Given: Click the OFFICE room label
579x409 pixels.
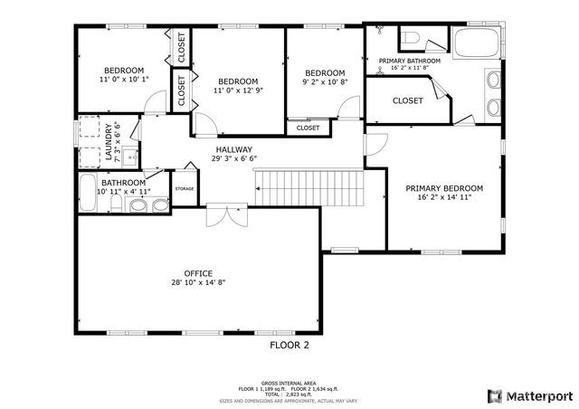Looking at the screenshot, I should point(198,272).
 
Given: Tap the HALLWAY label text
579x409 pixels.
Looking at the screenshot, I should point(233,149).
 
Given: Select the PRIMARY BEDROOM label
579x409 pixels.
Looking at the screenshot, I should point(443,188).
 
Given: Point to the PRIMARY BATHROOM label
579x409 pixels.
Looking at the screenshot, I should point(415,61).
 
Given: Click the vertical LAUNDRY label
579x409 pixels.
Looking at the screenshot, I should point(109,141).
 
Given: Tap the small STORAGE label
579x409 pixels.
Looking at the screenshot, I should point(185,188).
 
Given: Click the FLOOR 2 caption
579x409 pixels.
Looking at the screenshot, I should point(289,345).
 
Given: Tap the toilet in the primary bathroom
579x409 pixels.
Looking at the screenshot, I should point(412,38).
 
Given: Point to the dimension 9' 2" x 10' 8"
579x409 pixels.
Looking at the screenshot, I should point(324,83).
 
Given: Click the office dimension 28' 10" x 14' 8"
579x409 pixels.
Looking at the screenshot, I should point(198,282).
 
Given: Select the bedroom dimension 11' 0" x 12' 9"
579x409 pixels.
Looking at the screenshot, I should point(238,90).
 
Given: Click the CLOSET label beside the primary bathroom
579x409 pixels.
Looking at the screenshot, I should point(407,100).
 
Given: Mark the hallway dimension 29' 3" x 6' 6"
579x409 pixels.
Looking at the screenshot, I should point(233,158).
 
